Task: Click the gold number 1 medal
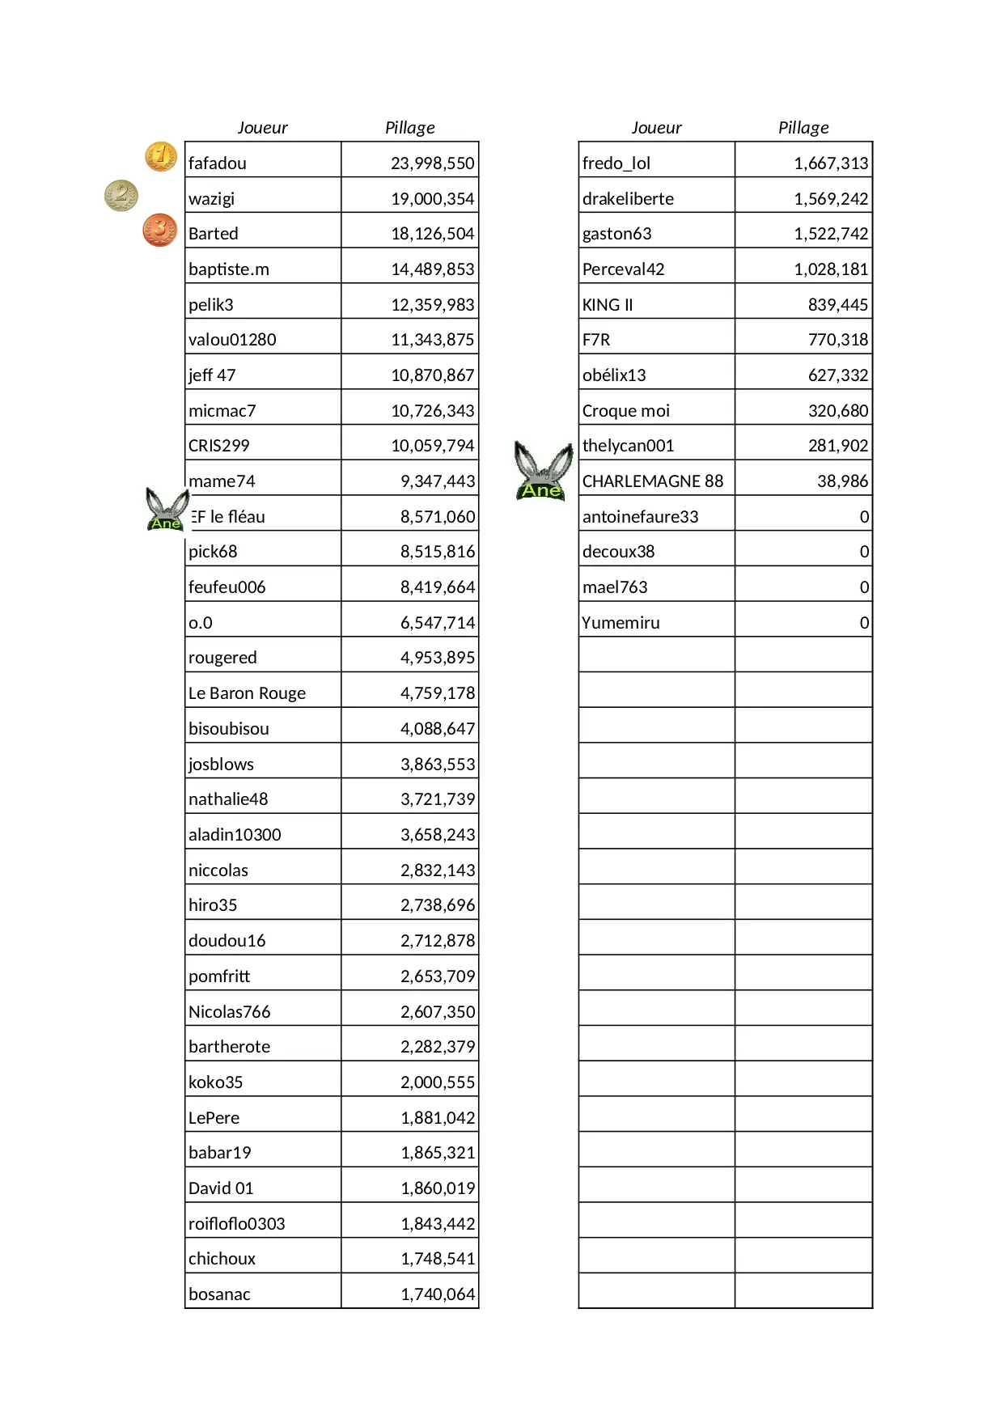(161, 156)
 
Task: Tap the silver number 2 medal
(121, 195)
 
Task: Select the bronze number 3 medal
(160, 230)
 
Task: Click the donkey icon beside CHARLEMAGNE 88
(543, 471)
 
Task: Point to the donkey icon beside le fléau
(167, 510)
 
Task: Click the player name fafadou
(218, 163)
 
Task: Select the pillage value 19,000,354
(432, 199)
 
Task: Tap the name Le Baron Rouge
(247, 693)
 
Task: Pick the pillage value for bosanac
(437, 1294)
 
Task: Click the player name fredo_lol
(616, 163)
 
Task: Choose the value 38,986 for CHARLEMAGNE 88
(841, 481)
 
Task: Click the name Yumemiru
(621, 623)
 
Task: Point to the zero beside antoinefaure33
(863, 517)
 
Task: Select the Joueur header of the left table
(262, 128)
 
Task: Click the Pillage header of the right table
(803, 128)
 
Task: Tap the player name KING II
(607, 305)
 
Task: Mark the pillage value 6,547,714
(437, 623)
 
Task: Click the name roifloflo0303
(236, 1224)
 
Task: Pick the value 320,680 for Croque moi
(837, 411)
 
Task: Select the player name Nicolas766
(229, 1012)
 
